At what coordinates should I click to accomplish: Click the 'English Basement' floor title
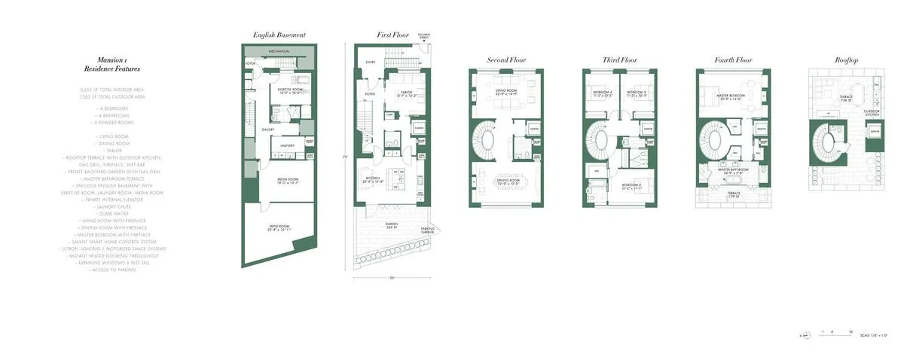point(279,35)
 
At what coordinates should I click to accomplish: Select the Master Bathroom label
point(731,172)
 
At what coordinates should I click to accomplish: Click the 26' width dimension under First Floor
point(392,277)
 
